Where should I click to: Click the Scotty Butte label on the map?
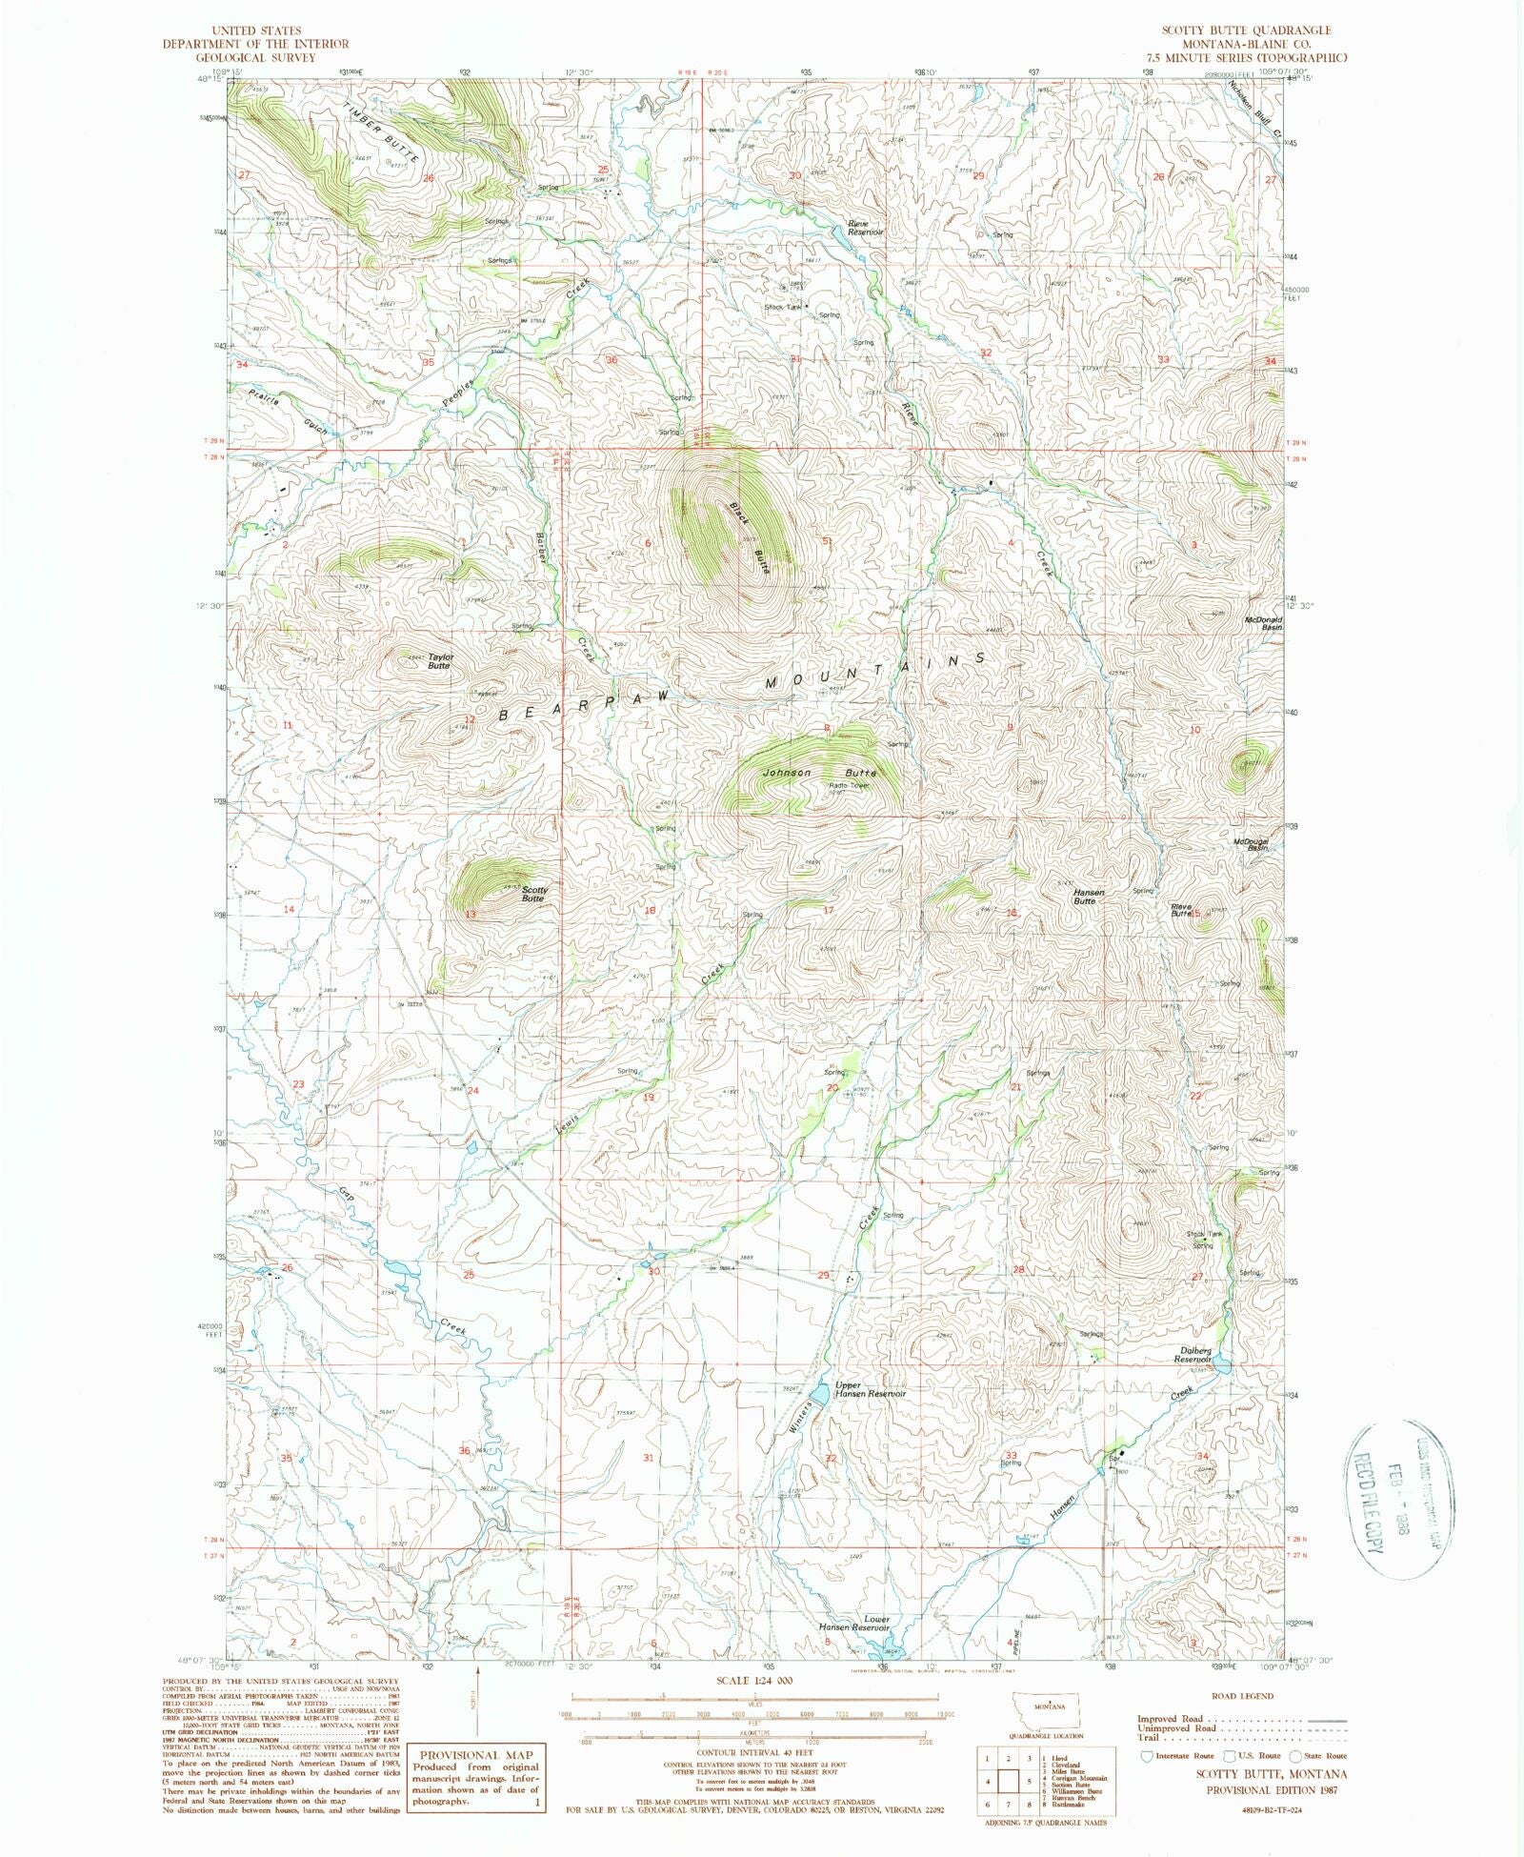[x=532, y=894]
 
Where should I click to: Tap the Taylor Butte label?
[x=440, y=661]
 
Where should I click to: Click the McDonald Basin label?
[x=1264, y=623]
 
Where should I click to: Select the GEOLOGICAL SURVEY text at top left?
[x=255, y=56]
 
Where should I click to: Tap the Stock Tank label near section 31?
[x=784, y=307]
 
